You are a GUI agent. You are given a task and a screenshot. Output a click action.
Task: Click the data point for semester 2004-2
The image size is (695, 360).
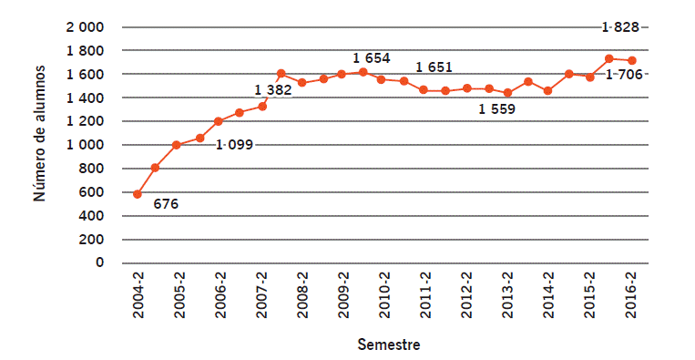tap(138, 194)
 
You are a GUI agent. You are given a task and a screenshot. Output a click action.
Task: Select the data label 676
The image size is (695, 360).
tap(166, 204)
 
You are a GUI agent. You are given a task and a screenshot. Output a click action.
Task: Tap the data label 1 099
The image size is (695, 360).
tap(236, 144)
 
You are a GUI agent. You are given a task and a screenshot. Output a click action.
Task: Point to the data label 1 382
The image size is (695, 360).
tap(272, 89)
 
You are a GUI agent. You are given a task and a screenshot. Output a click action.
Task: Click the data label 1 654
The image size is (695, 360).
tap(372, 58)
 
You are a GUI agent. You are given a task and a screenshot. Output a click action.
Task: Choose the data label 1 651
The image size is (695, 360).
tap(434, 67)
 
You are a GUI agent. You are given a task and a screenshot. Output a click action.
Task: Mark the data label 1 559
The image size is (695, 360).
tap(497, 109)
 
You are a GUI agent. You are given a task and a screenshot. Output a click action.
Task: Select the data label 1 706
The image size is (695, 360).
tap(623, 74)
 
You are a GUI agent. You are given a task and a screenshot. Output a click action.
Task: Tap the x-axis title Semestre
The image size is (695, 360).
tap(389, 345)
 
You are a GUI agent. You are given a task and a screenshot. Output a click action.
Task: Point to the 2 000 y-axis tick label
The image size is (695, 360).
tap(85, 27)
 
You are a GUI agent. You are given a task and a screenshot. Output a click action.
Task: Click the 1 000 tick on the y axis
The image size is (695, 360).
tap(85, 145)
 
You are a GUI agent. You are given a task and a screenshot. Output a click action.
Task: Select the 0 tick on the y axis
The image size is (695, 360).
tap(99, 263)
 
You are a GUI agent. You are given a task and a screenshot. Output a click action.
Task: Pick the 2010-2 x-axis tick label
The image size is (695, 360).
tap(384, 294)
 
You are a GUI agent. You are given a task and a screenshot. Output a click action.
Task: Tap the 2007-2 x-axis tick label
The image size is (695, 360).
tap(261, 294)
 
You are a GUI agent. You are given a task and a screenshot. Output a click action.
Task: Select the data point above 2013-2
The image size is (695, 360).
tap(507, 93)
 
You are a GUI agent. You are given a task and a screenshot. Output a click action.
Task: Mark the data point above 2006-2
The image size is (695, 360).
tap(219, 121)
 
